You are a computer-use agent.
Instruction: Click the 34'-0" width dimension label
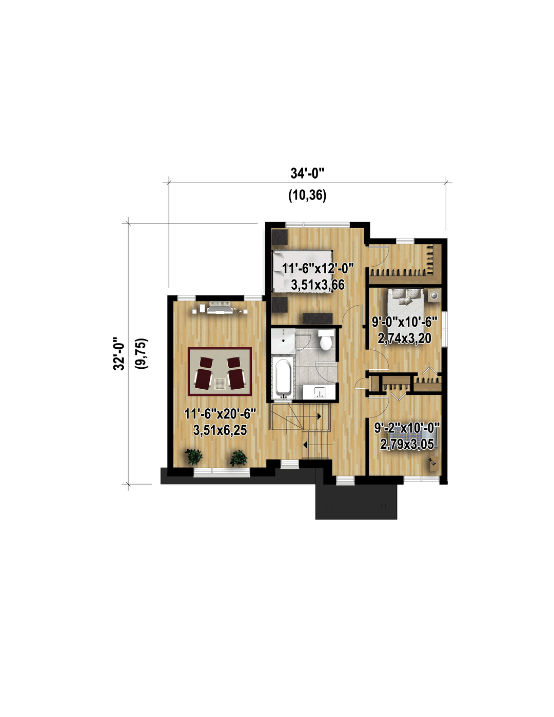(307, 173)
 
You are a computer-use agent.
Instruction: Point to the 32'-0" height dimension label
(119, 353)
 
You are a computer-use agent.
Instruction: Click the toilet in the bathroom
(326, 340)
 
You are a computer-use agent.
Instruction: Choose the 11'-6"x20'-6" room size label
(220, 414)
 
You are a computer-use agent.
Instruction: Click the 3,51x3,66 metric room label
(318, 285)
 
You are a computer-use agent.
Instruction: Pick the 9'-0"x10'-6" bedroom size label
(405, 322)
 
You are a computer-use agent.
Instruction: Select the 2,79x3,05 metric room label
(407, 444)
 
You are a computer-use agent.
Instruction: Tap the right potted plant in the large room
(238, 458)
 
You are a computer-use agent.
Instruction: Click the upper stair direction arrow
(319, 416)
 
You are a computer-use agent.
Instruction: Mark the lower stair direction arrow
(305, 445)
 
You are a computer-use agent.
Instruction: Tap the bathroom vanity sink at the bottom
(320, 392)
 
